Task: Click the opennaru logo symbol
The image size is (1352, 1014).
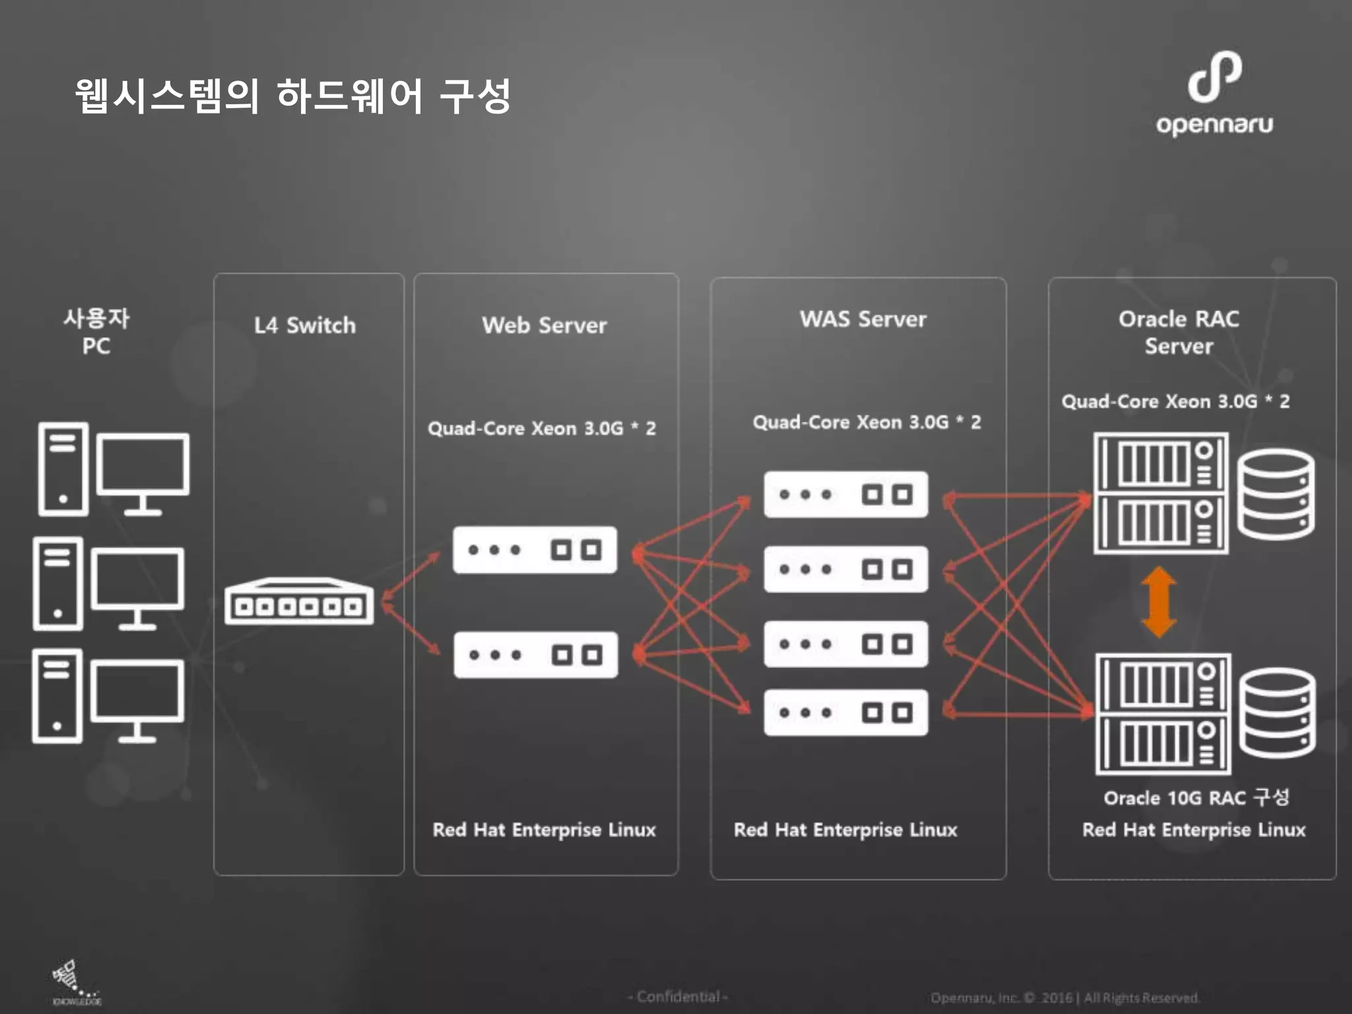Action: click(1214, 77)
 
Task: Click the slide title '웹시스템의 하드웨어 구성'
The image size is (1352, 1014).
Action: click(292, 96)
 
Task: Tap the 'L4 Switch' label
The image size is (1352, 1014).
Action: click(305, 325)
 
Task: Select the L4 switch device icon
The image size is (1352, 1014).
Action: click(299, 601)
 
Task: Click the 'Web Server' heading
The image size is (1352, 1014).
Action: click(544, 325)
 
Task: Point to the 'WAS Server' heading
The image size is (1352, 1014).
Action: click(863, 320)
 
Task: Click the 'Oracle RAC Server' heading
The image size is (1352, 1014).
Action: click(1178, 332)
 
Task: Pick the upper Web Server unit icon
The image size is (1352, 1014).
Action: click(535, 550)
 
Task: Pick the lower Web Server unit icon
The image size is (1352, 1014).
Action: click(535, 655)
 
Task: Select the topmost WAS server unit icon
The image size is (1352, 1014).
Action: click(846, 494)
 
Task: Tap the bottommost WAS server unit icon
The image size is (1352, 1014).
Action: click(846, 712)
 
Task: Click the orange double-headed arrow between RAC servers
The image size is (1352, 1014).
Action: click(1159, 602)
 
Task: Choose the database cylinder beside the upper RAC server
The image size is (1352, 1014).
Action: click(1275, 494)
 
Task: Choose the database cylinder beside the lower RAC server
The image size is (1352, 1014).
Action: click(1277, 713)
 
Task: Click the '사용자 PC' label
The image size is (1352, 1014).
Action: click(96, 332)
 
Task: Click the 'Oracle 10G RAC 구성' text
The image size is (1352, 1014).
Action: click(1196, 797)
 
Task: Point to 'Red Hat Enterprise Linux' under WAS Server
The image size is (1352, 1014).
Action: click(845, 830)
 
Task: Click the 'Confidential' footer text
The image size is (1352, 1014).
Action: click(678, 996)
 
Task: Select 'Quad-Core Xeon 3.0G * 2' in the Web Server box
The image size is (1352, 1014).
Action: click(541, 428)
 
